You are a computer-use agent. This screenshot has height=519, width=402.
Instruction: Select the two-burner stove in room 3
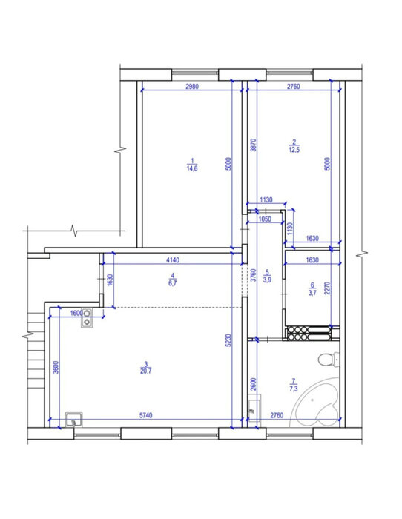pos(87,317)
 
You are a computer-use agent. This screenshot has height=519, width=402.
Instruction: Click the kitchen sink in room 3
pos(74,420)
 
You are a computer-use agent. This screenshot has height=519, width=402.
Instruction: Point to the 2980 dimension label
pos(192,87)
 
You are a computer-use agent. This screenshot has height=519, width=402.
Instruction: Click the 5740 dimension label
pos(145,415)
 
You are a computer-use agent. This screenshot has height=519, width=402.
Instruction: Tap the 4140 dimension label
pos(173,259)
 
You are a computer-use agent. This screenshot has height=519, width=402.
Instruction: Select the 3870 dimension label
pos(254,145)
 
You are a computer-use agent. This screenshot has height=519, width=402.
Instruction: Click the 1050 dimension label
pos(265,219)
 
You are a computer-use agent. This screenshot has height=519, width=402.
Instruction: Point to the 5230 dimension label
pos(228,340)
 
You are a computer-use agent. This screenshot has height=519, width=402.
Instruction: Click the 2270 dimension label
pos(328,288)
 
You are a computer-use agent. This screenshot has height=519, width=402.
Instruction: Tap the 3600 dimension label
pos(56,367)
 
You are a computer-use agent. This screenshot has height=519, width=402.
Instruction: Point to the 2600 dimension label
pos(254,384)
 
